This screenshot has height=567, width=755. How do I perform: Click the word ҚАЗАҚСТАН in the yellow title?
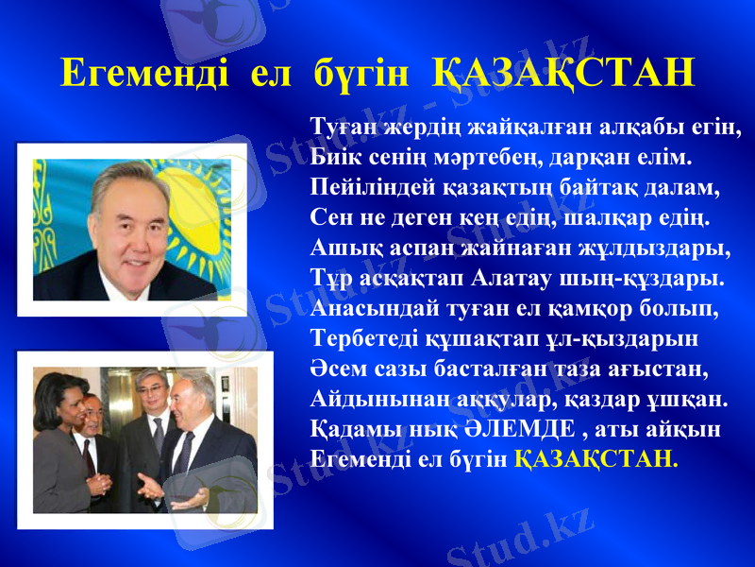(563, 73)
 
